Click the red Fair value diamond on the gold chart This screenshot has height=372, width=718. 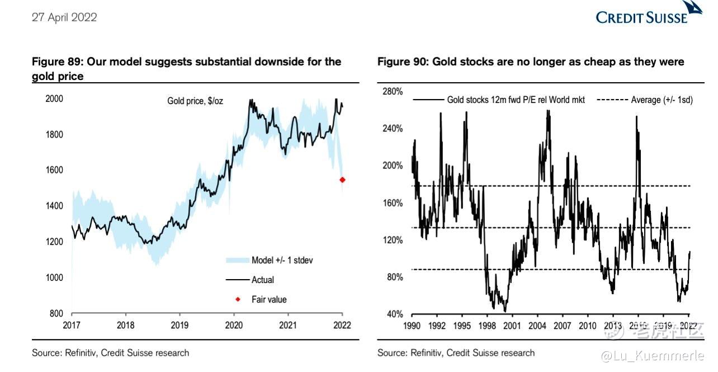pyautogui.click(x=342, y=180)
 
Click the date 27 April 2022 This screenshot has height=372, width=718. pyautogui.click(x=64, y=17)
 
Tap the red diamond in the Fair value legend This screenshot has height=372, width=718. pyautogui.click(x=237, y=299)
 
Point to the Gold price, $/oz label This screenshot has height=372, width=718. pyautogui.click(x=195, y=101)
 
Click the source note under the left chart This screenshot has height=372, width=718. pyautogui.click(x=110, y=353)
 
